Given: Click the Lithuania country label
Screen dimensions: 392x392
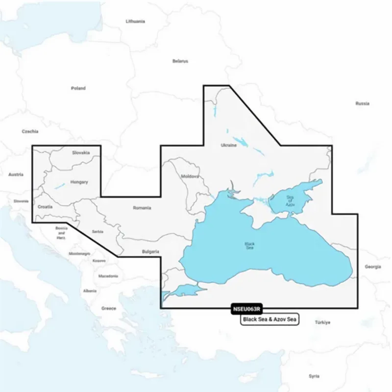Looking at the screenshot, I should click(135, 22).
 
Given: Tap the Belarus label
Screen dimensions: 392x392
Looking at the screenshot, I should click(180, 61).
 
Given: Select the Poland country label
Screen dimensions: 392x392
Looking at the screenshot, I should click(78, 88).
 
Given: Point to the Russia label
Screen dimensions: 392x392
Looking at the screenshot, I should click(362, 103).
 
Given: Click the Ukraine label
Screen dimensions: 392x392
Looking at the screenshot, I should click(228, 146).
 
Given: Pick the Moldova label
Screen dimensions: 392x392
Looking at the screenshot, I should click(190, 176).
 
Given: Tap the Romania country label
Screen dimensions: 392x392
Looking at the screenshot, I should click(142, 208).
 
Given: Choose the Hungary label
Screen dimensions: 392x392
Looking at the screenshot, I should click(79, 182).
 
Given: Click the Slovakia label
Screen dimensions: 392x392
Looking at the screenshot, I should click(81, 152).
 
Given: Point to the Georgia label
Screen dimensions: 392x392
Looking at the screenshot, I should click(372, 267).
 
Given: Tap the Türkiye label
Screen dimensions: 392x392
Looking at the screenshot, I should click(323, 322).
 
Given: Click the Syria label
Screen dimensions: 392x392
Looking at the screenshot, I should click(314, 376).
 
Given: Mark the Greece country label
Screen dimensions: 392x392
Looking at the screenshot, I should click(108, 308).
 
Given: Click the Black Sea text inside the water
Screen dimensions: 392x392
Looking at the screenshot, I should click(250, 245).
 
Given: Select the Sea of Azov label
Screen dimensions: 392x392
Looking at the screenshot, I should click(290, 201).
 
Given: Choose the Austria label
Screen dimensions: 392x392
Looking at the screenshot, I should click(16, 174).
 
